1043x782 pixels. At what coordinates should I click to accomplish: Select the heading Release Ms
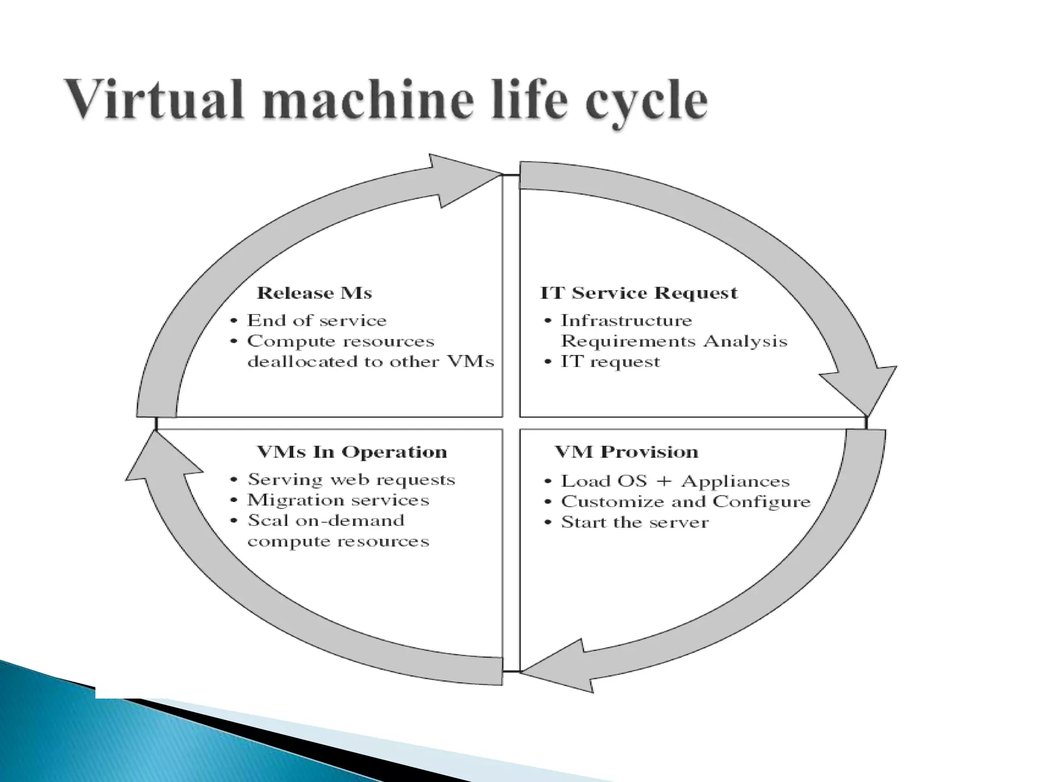tap(314, 293)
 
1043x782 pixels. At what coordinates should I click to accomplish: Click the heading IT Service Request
tap(639, 293)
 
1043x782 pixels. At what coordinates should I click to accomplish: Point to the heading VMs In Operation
tap(351, 452)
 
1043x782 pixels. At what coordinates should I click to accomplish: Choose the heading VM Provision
tap(626, 452)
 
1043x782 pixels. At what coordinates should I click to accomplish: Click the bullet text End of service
tap(317, 321)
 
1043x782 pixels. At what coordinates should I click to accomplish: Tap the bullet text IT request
tap(610, 362)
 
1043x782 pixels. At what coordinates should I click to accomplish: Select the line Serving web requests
tap(351, 480)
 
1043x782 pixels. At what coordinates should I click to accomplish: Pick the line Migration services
tap(338, 500)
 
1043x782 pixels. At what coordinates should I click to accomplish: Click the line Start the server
tap(635, 523)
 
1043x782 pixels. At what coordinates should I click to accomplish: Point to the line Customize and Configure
tap(685, 502)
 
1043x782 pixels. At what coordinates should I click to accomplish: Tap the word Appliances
tap(735, 482)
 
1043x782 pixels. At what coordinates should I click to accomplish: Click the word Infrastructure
tap(626, 321)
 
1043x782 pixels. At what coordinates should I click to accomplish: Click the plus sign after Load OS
tap(664, 482)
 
